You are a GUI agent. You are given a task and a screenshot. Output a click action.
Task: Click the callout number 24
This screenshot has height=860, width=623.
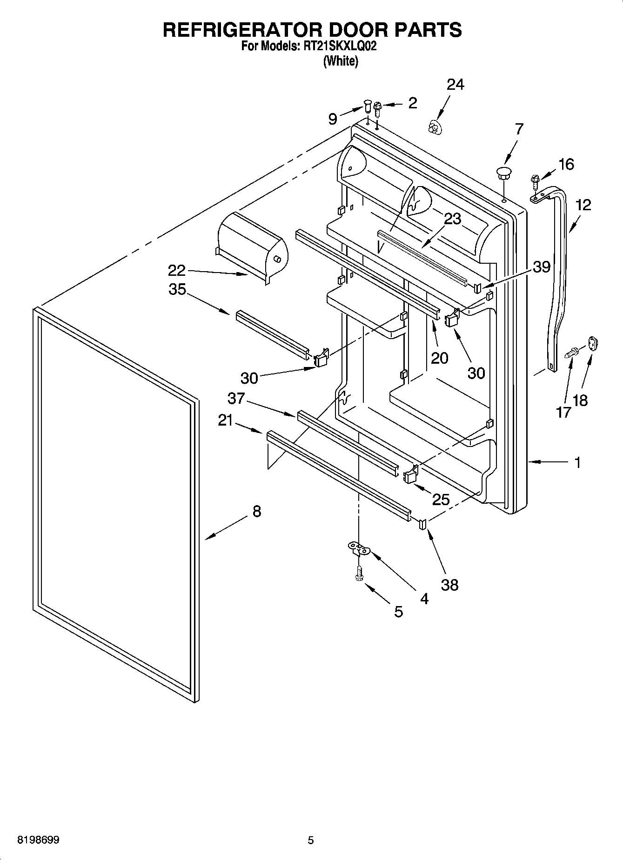click(x=455, y=85)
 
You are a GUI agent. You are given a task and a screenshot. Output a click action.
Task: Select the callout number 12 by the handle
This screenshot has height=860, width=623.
click(x=583, y=205)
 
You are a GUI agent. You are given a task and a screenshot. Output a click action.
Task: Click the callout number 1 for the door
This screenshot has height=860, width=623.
click(x=577, y=462)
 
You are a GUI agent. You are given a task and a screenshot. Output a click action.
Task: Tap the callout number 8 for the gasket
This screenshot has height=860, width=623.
click(x=256, y=512)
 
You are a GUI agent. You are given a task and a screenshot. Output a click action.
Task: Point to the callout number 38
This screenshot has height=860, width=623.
click(x=449, y=585)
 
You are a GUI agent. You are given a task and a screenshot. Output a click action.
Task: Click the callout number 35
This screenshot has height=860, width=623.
click(x=177, y=289)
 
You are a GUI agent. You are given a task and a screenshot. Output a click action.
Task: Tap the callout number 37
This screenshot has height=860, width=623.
click(x=236, y=398)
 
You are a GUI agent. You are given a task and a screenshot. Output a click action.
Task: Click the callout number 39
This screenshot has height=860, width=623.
click(x=542, y=267)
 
